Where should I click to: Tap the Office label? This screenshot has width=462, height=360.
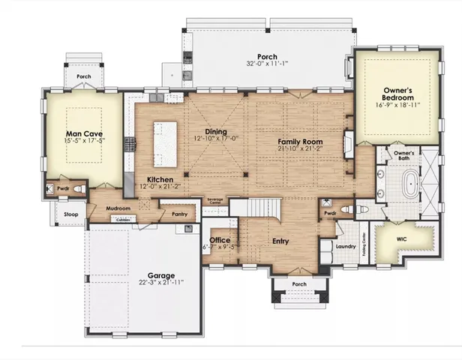pyautogui.click(x=220, y=240)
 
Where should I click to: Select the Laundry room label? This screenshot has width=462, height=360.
pyautogui.click(x=345, y=246)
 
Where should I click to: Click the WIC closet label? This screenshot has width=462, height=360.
pyautogui.click(x=401, y=240)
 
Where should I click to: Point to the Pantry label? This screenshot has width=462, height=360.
pyautogui.click(x=178, y=214)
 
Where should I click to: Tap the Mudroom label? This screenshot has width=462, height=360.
pyautogui.click(x=118, y=208)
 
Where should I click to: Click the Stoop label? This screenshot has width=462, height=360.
pyautogui.click(x=70, y=214)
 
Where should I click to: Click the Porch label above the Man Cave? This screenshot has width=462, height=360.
pyautogui.click(x=83, y=76)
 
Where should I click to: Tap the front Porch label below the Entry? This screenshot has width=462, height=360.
pyautogui.click(x=298, y=283)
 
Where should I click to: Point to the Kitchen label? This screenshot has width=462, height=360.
pyautogui.click(x=160, y=180)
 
